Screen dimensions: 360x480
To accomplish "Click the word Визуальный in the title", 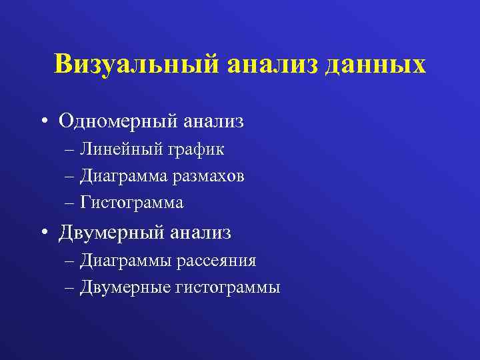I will coord(137,65).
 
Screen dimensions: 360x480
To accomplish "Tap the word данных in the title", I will coord(376,65).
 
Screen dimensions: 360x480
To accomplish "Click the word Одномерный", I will coord(119,121).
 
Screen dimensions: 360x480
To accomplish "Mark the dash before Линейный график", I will coord(71,150).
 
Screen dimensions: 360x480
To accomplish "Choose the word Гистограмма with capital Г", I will coord(132,201).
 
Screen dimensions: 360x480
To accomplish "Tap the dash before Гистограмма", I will coord(71,202).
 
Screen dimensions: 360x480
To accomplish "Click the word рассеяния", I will coord(216,260).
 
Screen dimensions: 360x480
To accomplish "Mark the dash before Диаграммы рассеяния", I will coord(71,261).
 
